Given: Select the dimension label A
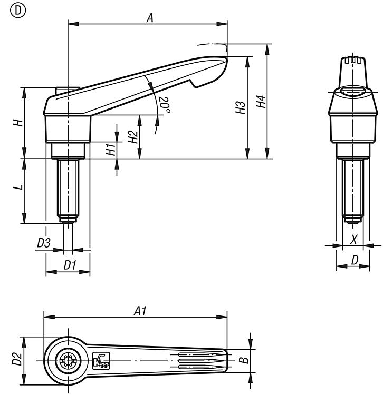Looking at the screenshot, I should (x=150, y=18).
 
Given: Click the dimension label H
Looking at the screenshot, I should (x=17, y=122).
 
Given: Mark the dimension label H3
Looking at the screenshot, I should (x=241, y=108).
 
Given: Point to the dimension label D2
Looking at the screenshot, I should (x=17, y=360).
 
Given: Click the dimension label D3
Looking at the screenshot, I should (x=44, y=243).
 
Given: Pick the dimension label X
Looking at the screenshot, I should (x=354, y=240).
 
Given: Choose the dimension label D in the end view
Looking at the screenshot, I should (x=355, y=260).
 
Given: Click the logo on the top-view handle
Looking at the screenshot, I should (x=100, y=360).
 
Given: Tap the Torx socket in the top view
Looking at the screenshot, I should (x=67, y=361).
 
